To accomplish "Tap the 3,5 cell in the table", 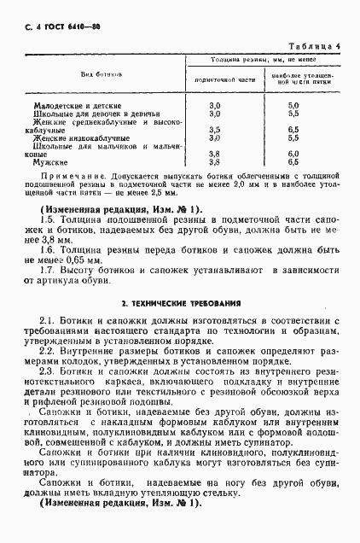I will pos(215,129).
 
